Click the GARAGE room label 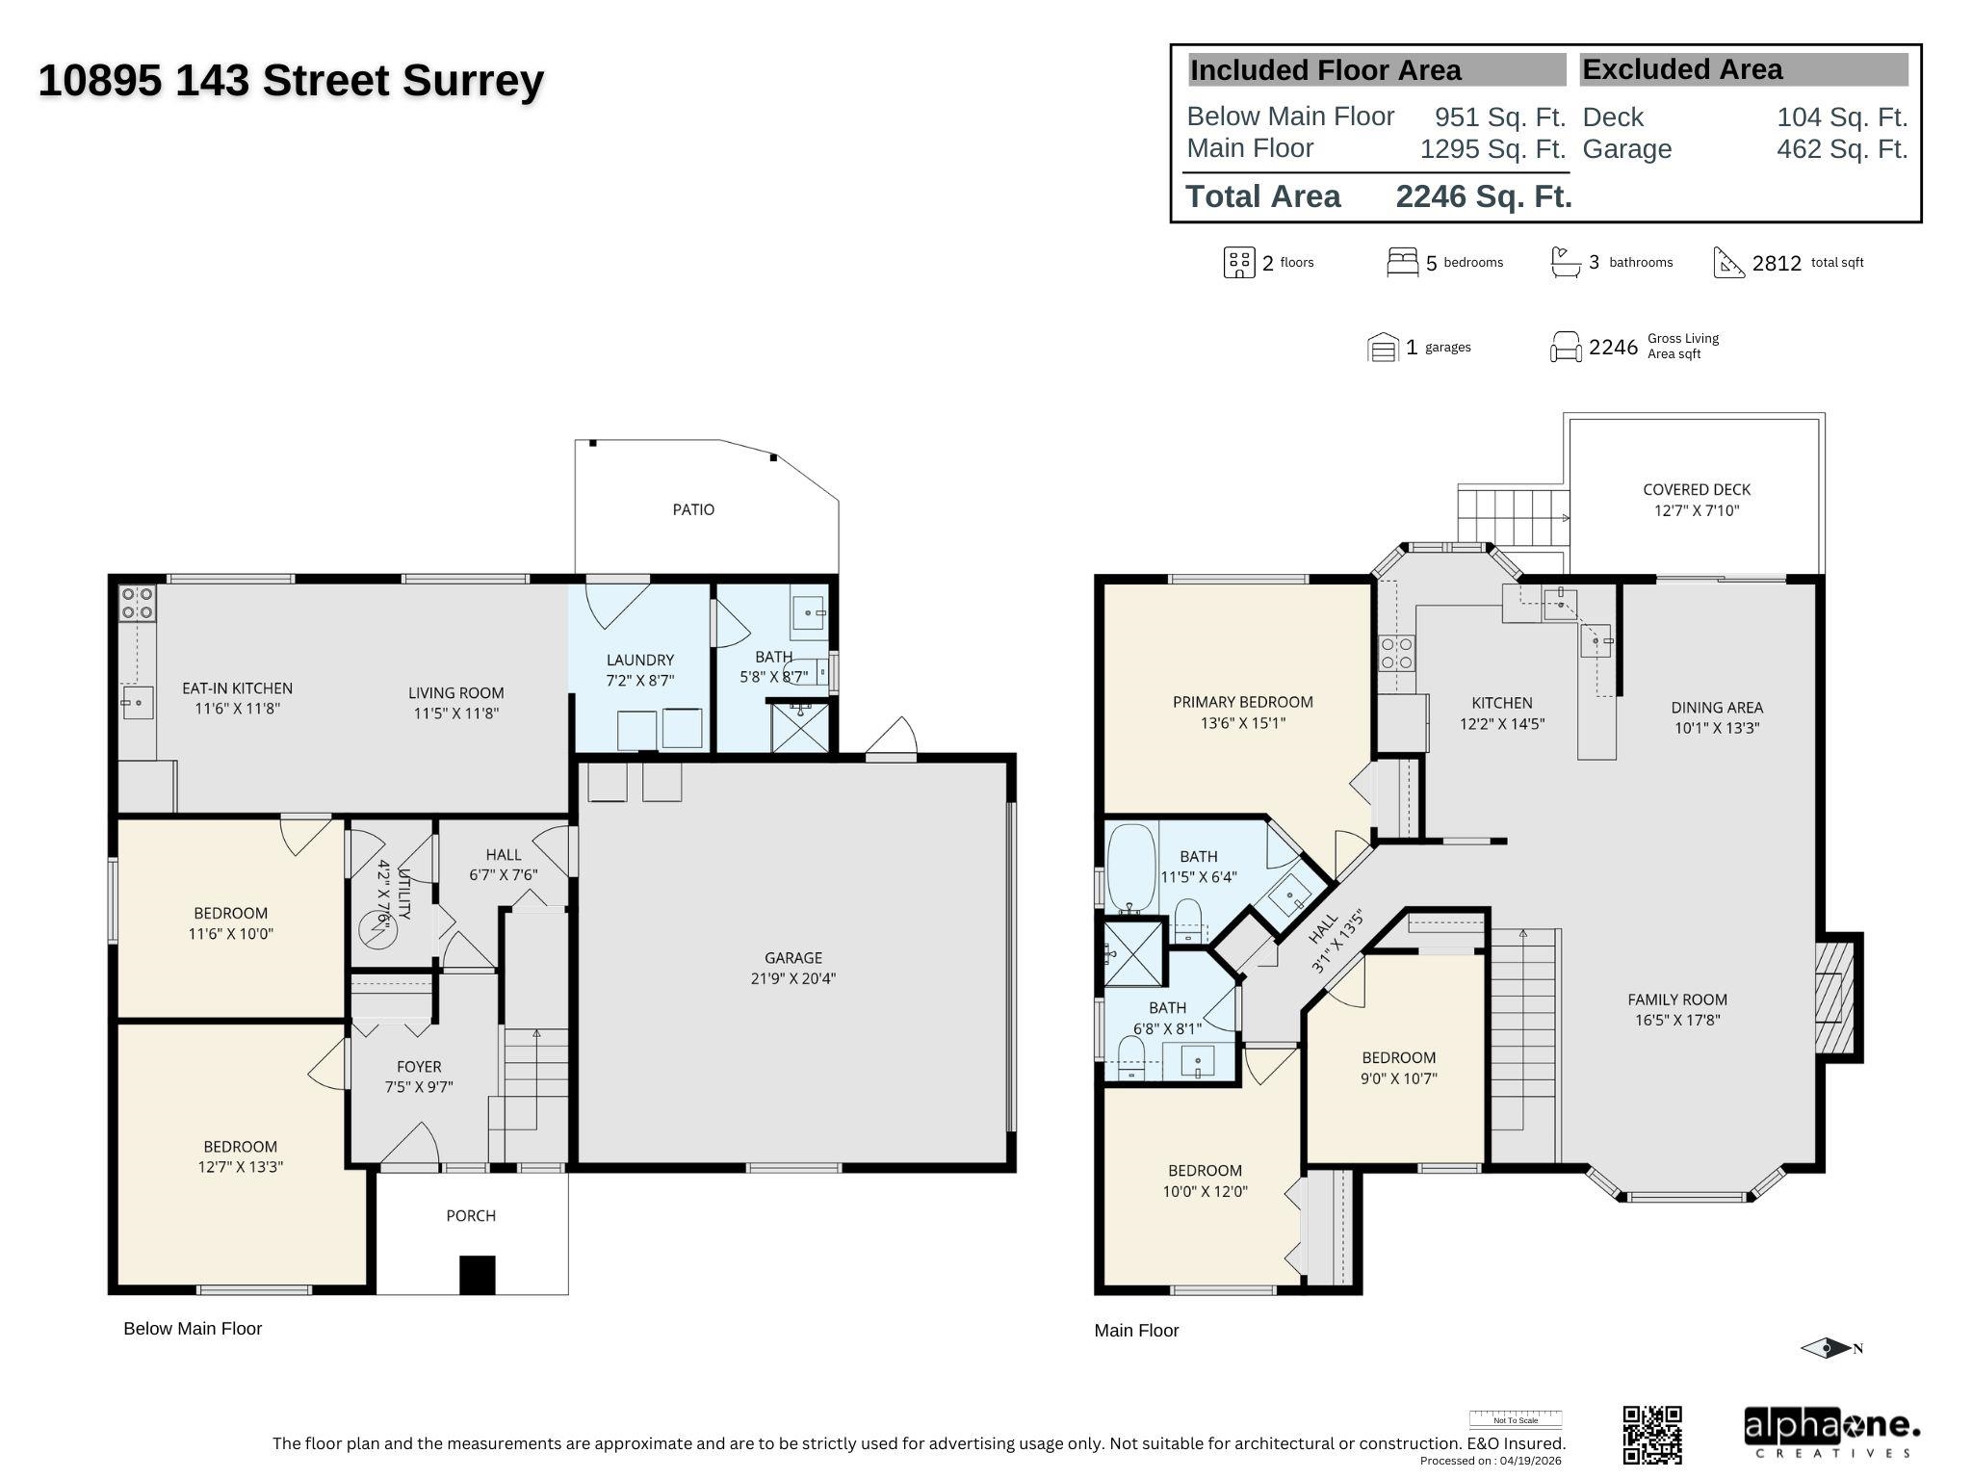[793, 958]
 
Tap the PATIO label [693, 509]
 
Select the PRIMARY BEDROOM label [1242, 702]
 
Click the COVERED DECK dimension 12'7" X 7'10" [1697, 510]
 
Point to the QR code [1652, 1434]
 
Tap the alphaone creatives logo [1832, 1433]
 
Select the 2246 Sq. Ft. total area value [1484, 196]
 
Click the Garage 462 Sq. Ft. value [1842, 149]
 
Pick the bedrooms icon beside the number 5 [1402, 262]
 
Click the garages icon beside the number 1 [1383, 347]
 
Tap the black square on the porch [477, 1275]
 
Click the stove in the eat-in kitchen [137, 604]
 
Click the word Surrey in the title [473, 81]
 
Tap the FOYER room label [419, 1067]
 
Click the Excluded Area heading [1682, 69]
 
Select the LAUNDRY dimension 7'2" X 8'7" [639, 681]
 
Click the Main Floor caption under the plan [1136, 1331]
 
